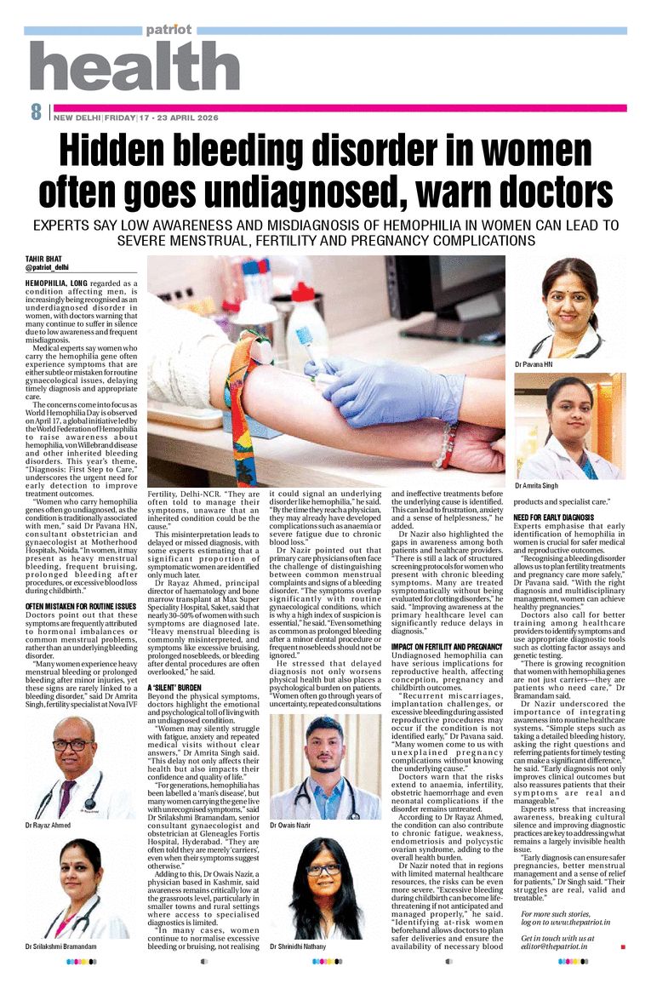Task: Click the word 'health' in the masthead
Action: point(134,66)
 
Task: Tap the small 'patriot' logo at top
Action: point(168,29)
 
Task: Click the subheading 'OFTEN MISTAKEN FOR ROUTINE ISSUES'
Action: point(81,582)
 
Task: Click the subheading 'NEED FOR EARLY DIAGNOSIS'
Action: point(553,517)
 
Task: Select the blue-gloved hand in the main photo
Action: point(383,387)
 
